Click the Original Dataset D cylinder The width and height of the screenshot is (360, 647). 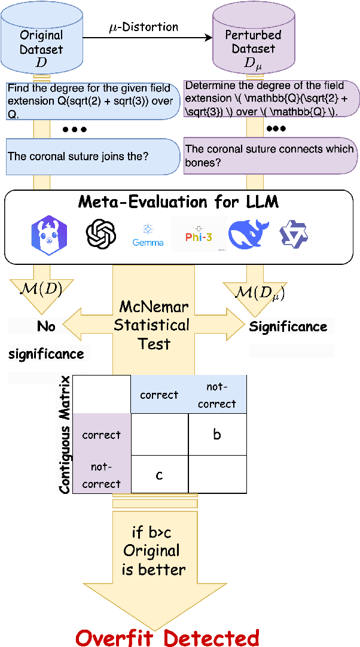[x=41, y=42]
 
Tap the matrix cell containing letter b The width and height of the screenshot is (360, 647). [x=217, y=434]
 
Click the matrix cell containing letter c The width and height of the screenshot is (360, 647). [x=159, y=474]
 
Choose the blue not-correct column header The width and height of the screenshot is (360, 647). [x=217, y=395]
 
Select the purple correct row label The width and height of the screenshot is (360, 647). [x=101, y=435]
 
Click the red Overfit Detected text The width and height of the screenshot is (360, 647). [x=167, y=637]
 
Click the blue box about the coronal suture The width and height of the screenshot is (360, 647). [x=93, y=156]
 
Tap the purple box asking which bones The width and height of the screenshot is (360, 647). [x=270, y=156]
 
